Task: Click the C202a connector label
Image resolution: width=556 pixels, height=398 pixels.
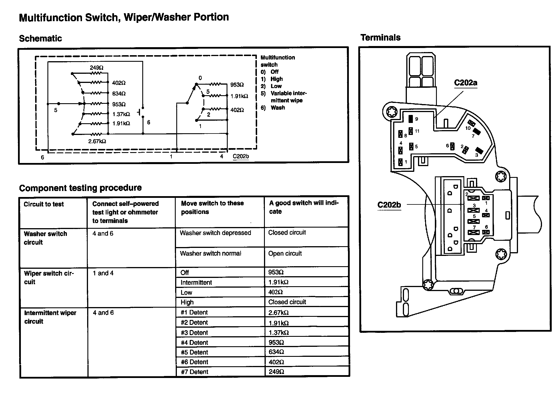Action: [x=465, y=83]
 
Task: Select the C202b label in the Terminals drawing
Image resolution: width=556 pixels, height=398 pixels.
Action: [x=389, y=205]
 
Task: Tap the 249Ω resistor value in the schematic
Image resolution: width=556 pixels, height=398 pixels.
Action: [x=97, y=68]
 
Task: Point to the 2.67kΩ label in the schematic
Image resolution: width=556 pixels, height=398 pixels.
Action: [x=97, y=141]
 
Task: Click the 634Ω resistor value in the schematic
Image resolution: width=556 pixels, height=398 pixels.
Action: [x=119, y=94]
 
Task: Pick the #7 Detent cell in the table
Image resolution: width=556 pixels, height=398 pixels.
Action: [x=195, y=372]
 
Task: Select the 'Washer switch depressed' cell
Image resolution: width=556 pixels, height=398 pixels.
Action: [x=215, y=233]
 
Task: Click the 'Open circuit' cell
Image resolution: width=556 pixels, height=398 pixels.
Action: [x=285, y=253]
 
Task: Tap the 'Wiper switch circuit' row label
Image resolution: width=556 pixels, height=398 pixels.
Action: [x=49, y=277]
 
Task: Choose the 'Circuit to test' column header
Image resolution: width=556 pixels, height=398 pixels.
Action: [x=44, y=204]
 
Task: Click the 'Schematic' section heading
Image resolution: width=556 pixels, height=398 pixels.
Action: [x=41, y=39]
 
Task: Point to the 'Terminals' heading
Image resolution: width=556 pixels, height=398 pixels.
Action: [x=380, y=37]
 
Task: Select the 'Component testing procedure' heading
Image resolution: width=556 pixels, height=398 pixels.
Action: [x=80, y=188]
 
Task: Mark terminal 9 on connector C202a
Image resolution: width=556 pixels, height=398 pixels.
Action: [x=411, y=119]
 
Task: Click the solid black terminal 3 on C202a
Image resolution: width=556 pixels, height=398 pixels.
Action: [x=479, y=151]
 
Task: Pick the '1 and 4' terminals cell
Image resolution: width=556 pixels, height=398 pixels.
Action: [x=103, y=273]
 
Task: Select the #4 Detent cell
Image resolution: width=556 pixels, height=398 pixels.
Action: [x=195, y=343]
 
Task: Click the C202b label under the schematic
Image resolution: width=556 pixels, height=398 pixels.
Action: [x=241, y=156]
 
